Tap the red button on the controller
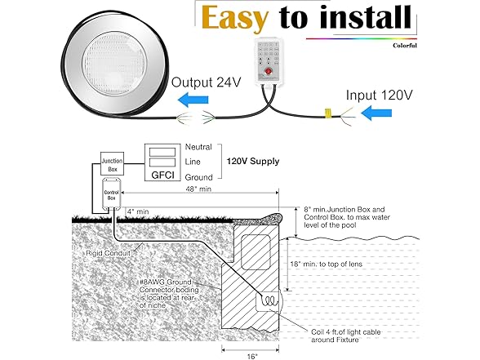(x=269, y=71)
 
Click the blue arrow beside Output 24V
(x=193, y=100)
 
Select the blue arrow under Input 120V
(x=376, y=113)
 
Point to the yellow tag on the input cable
(x=327, y=113)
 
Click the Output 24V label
(x=206, y=82)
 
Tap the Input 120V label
(x=379, y=96)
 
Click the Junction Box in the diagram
(x=113, y=164)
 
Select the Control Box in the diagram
(x=111, y=193)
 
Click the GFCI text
(x=162, y=175)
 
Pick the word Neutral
(x=198, y=147)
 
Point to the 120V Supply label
(x=253, y=162)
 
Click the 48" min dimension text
(x=198, y=189)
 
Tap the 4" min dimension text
(x=138, y=211)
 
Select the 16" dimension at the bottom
(x=252, y=356)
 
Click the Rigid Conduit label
(x=108, y=253)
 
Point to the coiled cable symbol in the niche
(x=270, y=300)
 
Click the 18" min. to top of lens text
(x=326, y=264)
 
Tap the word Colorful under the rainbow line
(x=405, y=46)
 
